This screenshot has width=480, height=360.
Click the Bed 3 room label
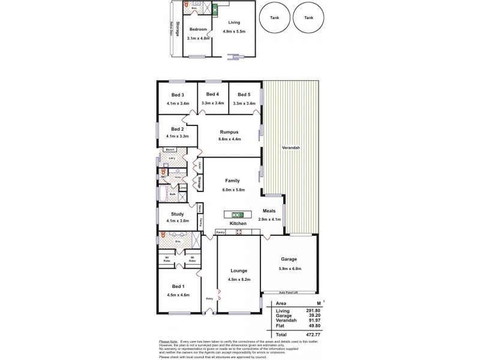pyautogui.click(x=177, y=95)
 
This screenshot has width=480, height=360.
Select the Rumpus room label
pyautogui.click(x=229, y=131)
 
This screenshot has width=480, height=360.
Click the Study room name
pyautogui.click(x=177, y=214)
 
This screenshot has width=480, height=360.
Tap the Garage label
pyautogui.click(x=289, y=259)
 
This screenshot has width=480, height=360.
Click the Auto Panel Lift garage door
pyautogui.click(x=289, y=293)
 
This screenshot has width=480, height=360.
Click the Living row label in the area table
pyautogui.click(x=283, y=311)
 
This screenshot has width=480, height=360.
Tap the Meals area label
pyautogui.click(x=269, y=211)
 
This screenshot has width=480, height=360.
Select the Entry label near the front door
pyautogui.click(x=209, y=298)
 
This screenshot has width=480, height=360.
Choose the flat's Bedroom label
pyautogui.click(x=198, y=29)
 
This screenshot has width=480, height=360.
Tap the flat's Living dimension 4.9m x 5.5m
pyautogui.click(x=233, y=31)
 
